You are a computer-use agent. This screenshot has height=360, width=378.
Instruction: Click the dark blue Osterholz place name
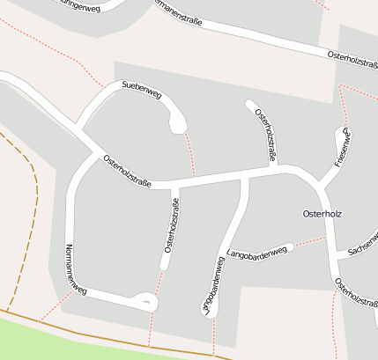coord(321,214)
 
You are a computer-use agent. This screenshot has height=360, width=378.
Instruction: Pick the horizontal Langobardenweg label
coord(257,253)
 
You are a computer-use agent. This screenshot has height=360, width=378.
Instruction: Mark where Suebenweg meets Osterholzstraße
coord(84,131)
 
